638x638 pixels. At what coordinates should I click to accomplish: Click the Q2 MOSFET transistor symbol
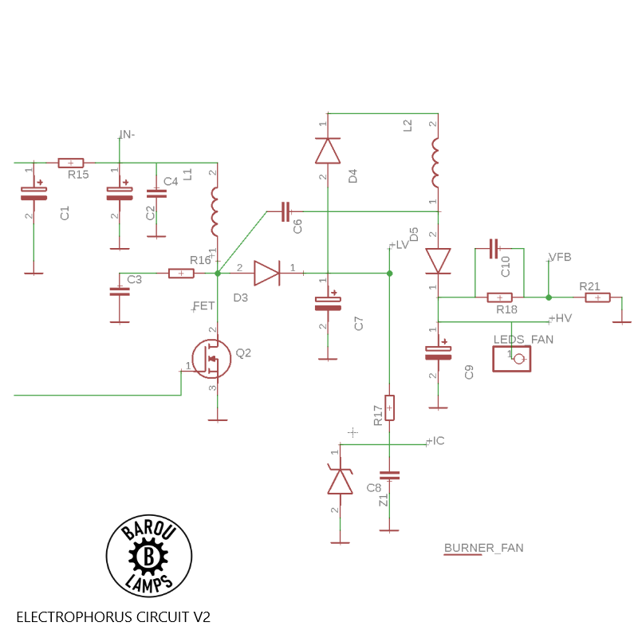pyautogui.click(x=211, y=358)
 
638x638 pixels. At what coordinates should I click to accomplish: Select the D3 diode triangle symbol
pyautogui.click(x=266, y=274)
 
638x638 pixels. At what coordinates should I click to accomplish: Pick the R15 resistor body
pyautogui.click(x=71, y=163)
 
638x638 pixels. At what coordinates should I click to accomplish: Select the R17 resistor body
pyautogui.click(x=389, y=408)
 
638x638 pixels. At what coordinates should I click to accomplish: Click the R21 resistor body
pyautogui.click(x=597, y=297)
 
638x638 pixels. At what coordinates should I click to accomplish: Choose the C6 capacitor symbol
pyautogui.click(x=286, y=211)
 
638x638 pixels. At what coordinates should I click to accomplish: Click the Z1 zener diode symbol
pyautogui.click(x=341, y=481)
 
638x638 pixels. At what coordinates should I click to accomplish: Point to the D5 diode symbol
pyautogui.click(x=438, y=260)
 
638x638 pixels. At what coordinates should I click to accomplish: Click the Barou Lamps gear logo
pyautogui.click(x=149, y=557)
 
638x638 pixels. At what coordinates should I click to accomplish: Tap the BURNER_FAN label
pyautogui.click(x=483, y=548)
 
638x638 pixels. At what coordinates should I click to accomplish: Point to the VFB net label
pyautogui.click(x=560, y=257)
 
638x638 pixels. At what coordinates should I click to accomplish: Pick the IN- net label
pyautogui.click(x=127, y=134)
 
